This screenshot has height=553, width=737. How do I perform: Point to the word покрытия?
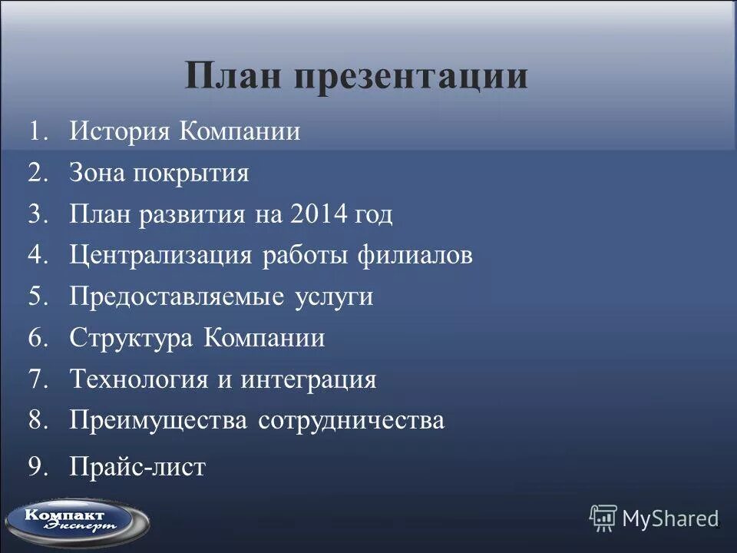[x=191, y=174]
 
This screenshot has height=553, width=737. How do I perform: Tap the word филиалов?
[x=414, y=256]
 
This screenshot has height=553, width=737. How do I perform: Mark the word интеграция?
[x=308, y=380]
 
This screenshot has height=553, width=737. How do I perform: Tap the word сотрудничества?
[x=351, y=421]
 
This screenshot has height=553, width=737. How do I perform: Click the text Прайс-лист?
[x=137, y=466]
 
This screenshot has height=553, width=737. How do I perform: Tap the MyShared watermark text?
[x=669, y=518]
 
